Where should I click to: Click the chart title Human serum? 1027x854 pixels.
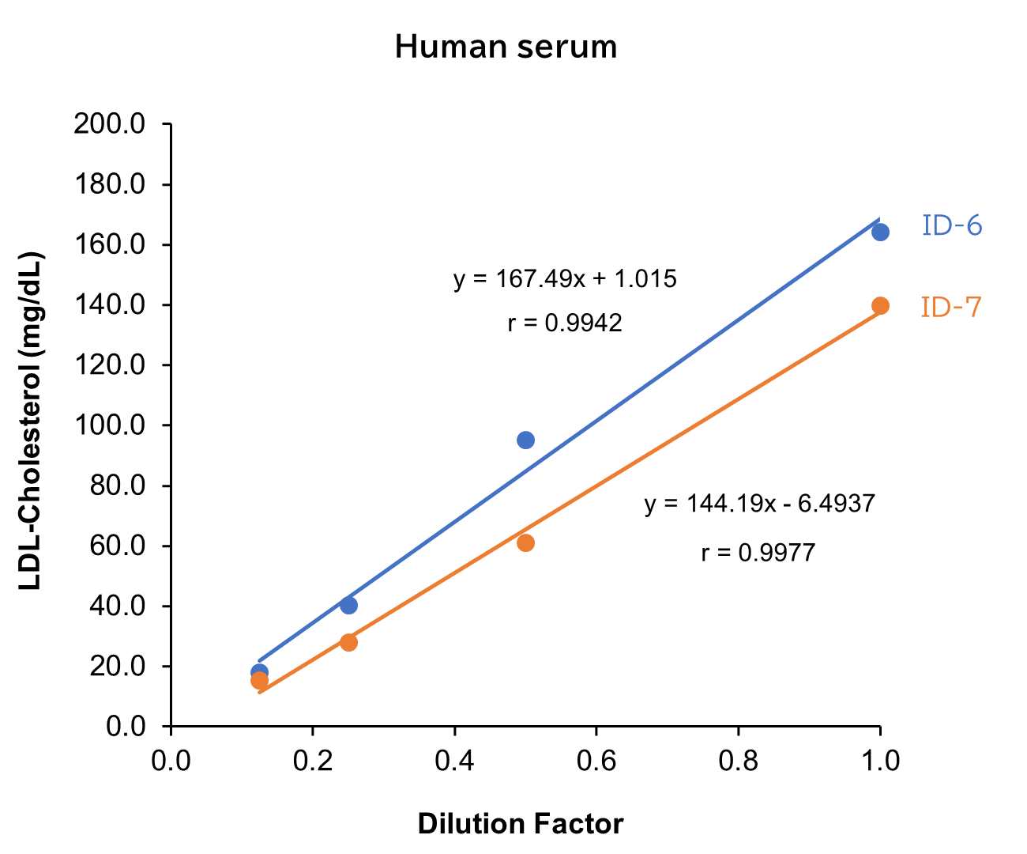pos(506,47)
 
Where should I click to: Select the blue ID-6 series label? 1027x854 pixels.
pos(952,226)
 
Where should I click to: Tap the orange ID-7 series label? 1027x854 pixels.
pos(951,307)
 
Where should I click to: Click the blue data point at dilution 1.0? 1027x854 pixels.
pos(880,232)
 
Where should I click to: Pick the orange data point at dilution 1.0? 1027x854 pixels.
pos(880,306)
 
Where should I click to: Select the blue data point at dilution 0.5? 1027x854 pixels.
pos(525,440)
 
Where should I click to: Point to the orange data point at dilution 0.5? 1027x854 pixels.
pos(525,542)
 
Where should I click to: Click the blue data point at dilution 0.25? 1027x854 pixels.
pos(348,605)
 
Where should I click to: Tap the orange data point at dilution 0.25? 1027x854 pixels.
pos(348,642)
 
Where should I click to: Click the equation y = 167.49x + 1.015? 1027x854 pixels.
pos(565,279)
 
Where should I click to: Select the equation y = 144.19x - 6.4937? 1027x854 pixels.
pos(759,504)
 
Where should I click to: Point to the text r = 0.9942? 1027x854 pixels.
pos(565,323)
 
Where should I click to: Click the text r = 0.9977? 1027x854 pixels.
pos(758,553)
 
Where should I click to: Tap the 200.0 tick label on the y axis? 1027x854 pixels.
pos(109,124)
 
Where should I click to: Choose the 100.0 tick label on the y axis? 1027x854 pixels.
pos(109,425)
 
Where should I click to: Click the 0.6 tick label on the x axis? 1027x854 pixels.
pos(596,761)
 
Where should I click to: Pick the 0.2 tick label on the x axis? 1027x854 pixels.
pos(313,761)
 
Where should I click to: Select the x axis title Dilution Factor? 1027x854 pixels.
pos(521,824)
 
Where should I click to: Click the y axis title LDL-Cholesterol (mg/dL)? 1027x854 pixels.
pos(32,421)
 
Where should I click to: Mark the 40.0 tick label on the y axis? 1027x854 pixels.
pos(116,606)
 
